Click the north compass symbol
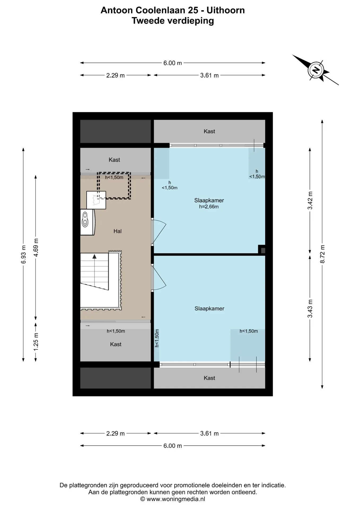tap(315, 70)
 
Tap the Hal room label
tap(117, 231)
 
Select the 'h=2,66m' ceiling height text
tap(209, 207)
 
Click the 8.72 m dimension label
tap(322, 254)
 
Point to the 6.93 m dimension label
tap(23, 254)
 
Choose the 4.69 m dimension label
tap(36, 247)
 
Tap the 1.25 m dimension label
tap(36, 342)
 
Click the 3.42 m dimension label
tap(310, 200)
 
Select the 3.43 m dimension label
tap(310, 309)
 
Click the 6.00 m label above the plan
tap(173, 63)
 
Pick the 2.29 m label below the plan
tap(115, 433)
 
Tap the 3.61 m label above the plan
tap(209, 75)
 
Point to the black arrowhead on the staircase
tap(94, 256)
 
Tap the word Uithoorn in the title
tap(226, 10)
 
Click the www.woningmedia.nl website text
tap(176, 499)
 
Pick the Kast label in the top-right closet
tap(209, 131)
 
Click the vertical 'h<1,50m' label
tap(157, 338)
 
